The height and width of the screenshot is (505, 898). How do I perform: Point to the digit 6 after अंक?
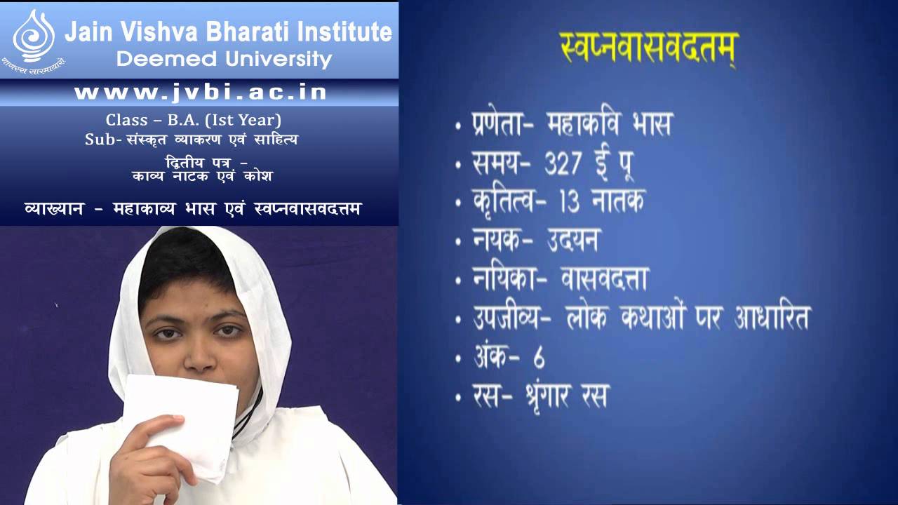[538, 357]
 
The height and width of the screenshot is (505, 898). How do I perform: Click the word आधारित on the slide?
[771, 318]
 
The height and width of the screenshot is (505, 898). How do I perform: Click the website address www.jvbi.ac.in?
[201, 93]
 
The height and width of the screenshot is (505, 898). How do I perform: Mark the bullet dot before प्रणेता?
[457, 128]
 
